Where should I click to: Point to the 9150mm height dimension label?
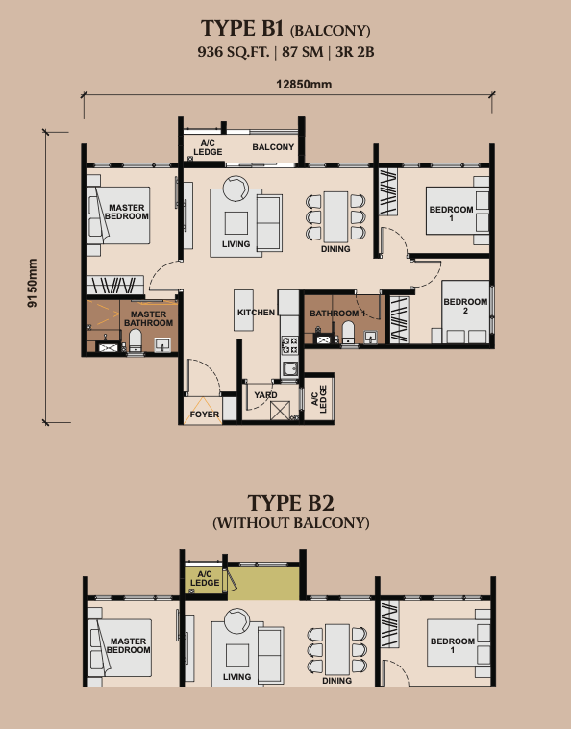[32, 281]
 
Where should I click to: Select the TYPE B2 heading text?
[290, 503]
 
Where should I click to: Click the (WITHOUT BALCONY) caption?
[290, 523]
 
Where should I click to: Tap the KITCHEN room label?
[257, 314]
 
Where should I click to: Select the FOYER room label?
[205, 415]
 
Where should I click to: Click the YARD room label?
[265, 394]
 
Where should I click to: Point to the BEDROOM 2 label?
[465, 307]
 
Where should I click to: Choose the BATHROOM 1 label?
[335, 314]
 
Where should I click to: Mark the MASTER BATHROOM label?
[148, 318]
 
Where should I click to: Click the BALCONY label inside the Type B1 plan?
[273, 147]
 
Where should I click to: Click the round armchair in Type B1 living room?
[236, 188]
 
